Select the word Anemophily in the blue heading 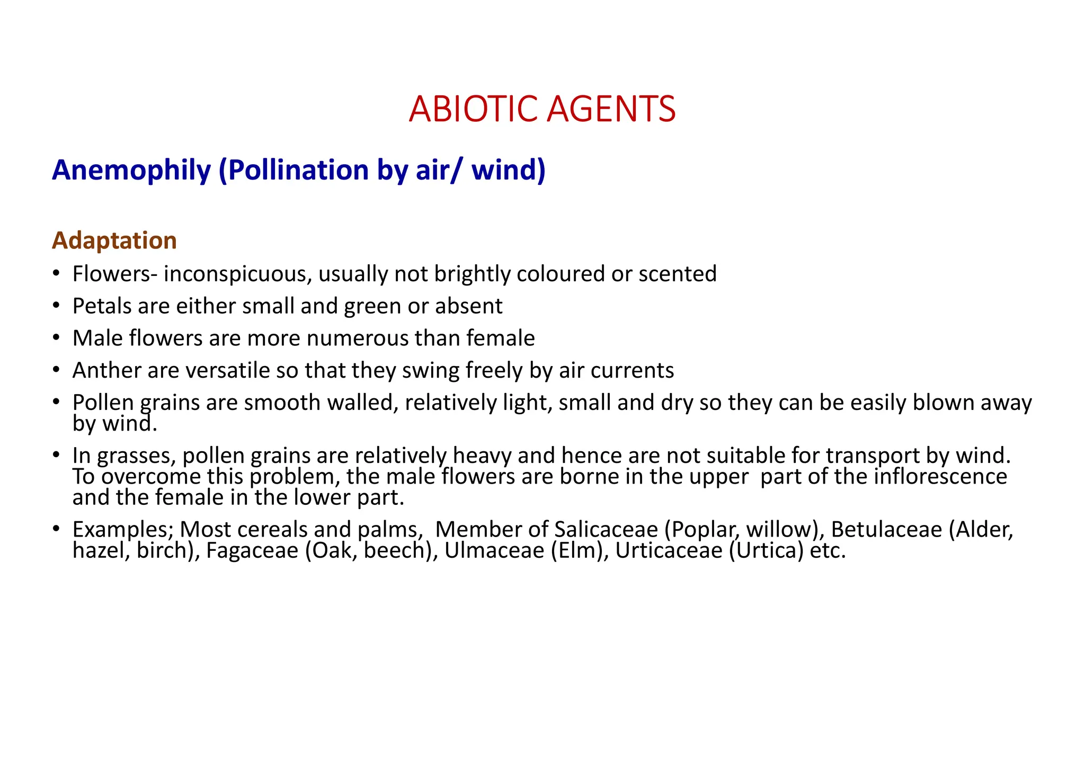point(131,171)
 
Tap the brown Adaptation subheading point(114,240)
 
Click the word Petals point(101,306)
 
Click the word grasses point(135,456)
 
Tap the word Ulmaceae point(494,551)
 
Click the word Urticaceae point(669,551)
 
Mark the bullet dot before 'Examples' point(56,530)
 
